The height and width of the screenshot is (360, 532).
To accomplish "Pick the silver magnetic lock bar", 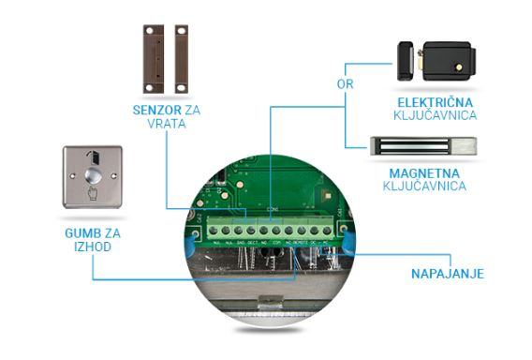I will pos(425,146).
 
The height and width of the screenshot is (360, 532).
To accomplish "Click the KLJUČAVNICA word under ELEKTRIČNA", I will pos(436,115).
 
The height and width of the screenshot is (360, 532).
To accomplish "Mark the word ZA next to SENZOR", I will pos(192,110).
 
